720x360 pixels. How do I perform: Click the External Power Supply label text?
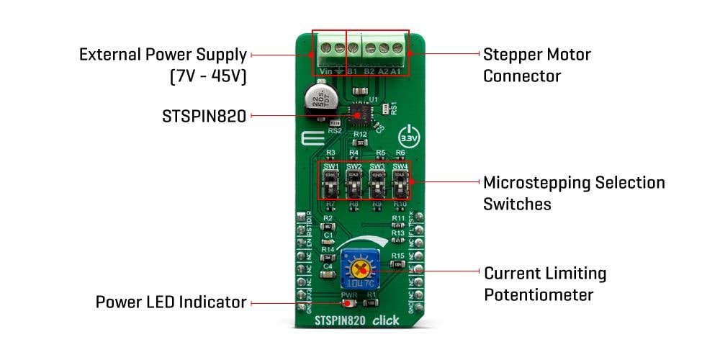pyautogui.click(x=163, y=55)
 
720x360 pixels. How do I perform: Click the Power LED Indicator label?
pyautogui.click(x=171, y=302)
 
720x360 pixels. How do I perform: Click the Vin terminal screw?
pyautogui.click(x=324, y=50)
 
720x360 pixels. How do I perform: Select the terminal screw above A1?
pyautogui.click(x=395, y=50)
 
